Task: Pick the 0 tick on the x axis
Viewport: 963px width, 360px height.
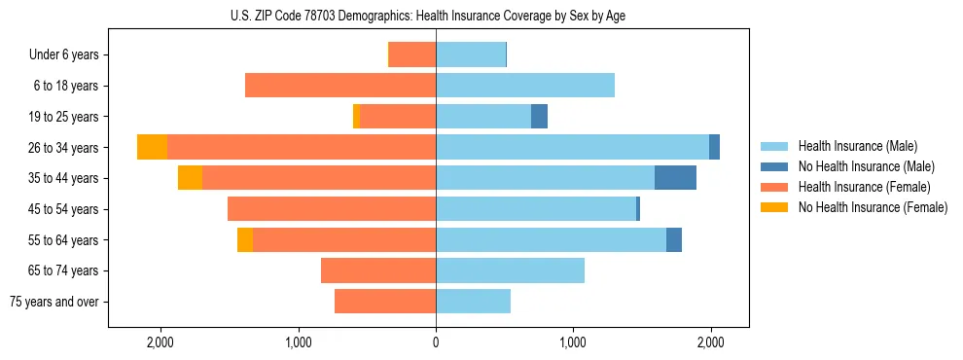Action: point(436,342)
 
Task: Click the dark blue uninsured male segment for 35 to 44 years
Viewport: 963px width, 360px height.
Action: point(675,178)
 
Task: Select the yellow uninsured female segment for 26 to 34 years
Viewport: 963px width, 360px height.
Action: point(152,148)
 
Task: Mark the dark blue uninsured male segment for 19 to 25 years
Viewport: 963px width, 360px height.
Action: point(539,117)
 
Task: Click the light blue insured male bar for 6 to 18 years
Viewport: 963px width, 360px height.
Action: point(525,86)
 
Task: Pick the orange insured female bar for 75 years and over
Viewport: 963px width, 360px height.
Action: point(385,302)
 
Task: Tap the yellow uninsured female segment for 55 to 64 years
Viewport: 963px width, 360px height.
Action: point(245,240)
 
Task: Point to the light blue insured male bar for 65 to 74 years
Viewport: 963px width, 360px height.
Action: point(510,270)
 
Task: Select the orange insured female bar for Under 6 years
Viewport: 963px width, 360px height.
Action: point(412,55)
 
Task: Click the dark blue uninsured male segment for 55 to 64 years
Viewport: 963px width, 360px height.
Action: point(674,240)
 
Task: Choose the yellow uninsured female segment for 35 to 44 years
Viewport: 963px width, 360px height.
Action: point(190,178)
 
